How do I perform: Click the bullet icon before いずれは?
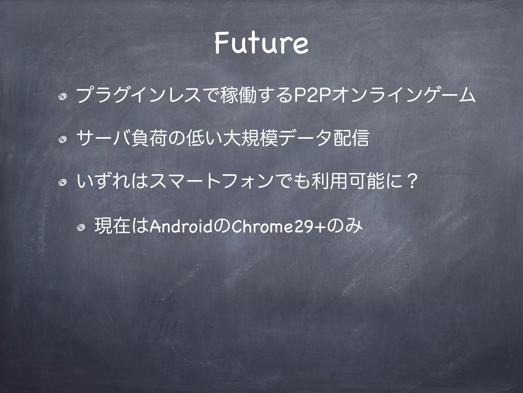point(62,182)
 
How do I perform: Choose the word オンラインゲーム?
point(402,95)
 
